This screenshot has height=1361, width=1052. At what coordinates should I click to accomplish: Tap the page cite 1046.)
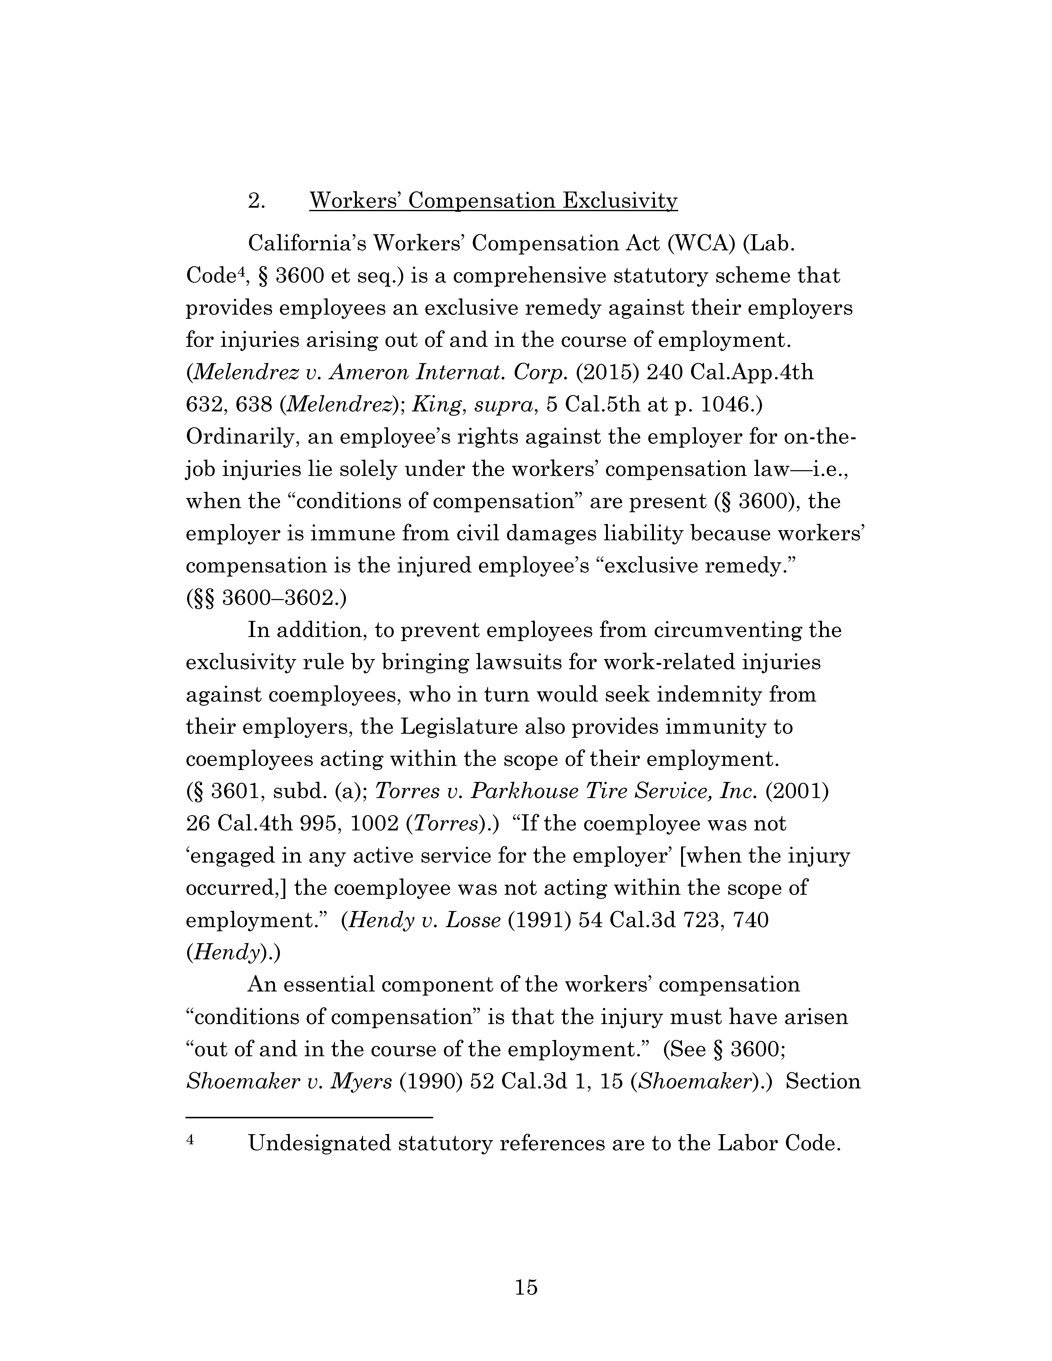[x=732, y=405]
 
